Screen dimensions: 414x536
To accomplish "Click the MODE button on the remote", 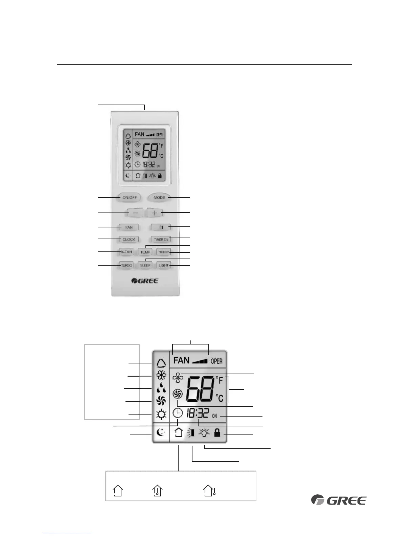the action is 159,198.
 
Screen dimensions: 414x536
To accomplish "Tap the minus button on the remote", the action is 135,213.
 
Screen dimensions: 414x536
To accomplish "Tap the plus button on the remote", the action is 155,213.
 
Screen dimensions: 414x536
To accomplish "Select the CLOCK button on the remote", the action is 129,240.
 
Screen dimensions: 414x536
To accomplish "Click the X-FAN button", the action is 126,252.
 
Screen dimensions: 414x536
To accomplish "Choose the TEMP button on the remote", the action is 145,252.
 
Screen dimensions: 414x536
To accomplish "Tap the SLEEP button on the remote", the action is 145,265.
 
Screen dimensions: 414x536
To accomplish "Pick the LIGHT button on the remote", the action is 163,265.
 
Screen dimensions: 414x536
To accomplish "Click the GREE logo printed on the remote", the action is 145,281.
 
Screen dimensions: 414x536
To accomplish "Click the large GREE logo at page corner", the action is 339,500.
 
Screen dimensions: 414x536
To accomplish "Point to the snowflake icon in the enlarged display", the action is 161,376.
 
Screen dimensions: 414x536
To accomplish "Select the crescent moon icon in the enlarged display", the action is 161,433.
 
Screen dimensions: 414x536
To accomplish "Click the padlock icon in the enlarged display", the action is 217,432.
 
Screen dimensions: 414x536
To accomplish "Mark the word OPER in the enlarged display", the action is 216,361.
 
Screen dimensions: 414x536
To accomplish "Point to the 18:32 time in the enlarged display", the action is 197,414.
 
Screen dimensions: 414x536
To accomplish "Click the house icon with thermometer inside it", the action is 158,491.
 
